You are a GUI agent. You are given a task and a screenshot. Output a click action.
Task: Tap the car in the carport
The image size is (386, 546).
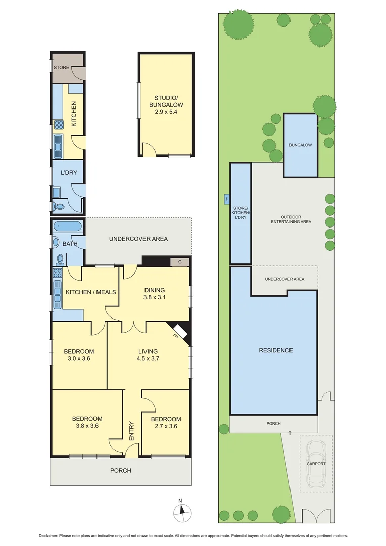316,463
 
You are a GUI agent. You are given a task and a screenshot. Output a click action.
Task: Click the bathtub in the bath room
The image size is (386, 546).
61,226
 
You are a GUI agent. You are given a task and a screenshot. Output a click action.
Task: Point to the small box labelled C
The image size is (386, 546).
180,262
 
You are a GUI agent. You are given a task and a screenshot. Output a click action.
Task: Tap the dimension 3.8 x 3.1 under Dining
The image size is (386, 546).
155,297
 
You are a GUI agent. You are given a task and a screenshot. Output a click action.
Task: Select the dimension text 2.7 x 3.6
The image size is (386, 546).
166,426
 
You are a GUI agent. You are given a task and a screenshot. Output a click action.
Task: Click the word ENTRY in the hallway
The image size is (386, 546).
132,431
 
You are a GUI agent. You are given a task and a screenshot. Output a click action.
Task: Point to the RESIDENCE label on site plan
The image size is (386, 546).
276,350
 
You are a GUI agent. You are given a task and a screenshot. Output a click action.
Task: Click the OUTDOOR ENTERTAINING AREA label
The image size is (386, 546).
291,219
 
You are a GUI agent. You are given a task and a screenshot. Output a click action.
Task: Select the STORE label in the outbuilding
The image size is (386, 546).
61,67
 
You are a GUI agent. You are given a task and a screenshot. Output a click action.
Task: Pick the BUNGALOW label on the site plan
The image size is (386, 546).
301,145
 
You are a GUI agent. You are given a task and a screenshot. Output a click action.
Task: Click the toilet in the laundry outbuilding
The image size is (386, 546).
59,207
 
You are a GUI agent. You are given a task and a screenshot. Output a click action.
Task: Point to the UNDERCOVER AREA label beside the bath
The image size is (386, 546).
138,239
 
